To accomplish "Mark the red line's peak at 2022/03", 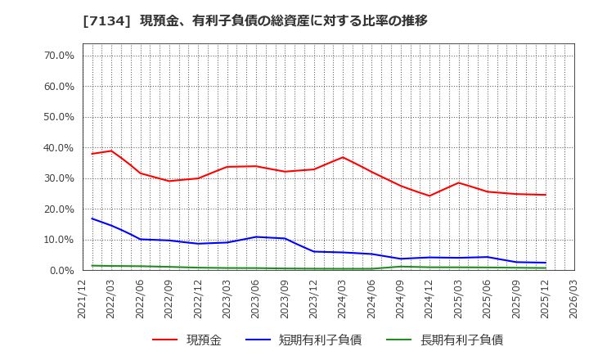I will [111, 151].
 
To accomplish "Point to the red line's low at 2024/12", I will [429, 196].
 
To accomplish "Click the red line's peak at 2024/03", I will [343, 157].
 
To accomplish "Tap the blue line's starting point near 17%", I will [92, 218].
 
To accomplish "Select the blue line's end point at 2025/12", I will [545, 263].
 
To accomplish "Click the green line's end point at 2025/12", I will [545, 268].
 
